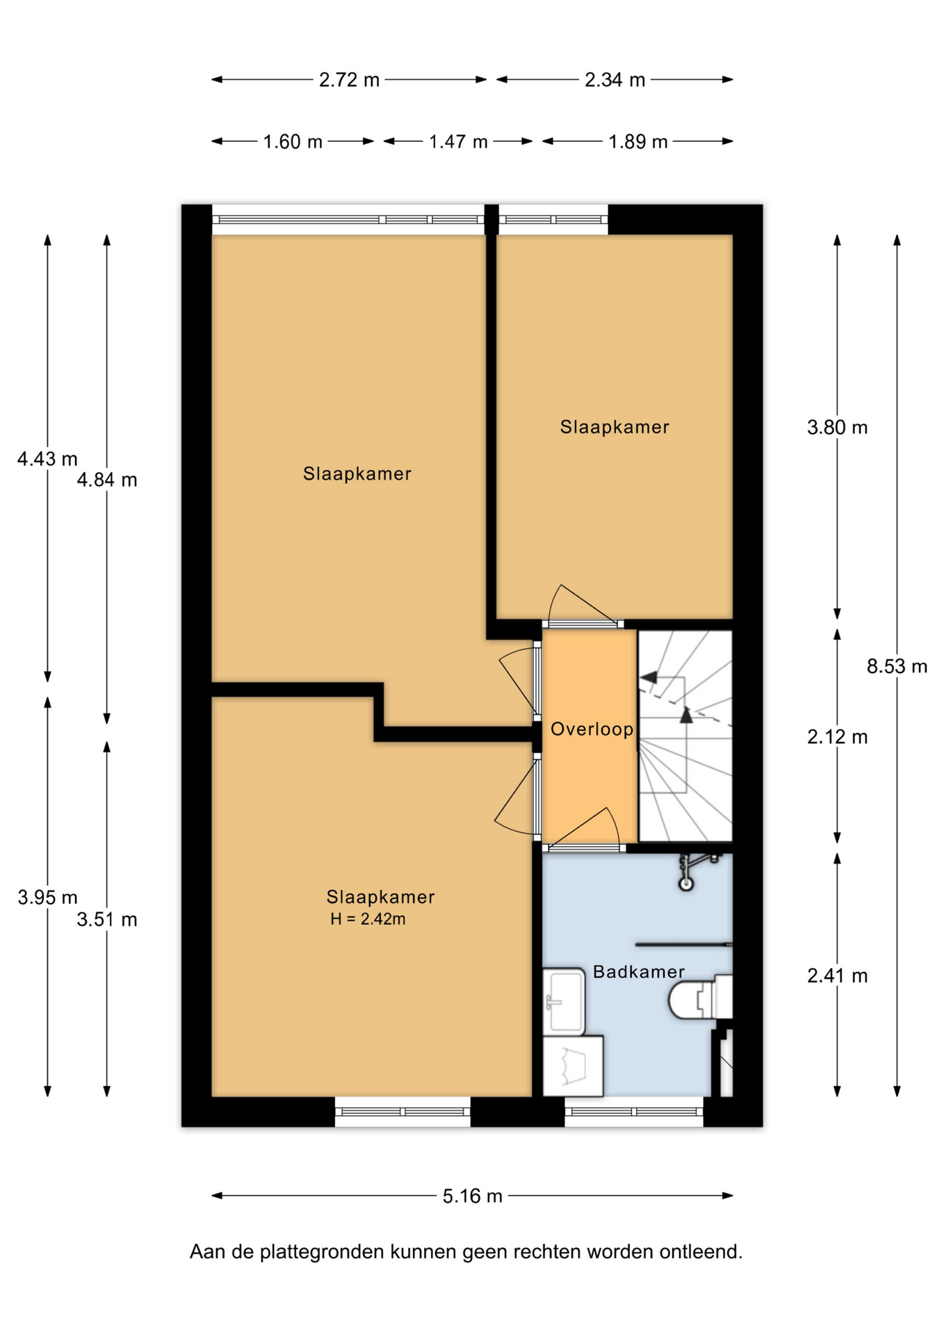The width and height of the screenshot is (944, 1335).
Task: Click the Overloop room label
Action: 592,729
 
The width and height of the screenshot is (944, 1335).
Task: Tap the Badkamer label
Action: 638,971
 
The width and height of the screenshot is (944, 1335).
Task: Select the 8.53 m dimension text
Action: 897,666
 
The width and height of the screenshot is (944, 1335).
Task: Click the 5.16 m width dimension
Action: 472,1196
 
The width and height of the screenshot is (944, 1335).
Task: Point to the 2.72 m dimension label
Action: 349,80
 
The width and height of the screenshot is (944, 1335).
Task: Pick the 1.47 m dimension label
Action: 458,142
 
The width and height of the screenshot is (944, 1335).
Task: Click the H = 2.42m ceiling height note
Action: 368,919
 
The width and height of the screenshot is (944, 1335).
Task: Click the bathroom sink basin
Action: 564,1001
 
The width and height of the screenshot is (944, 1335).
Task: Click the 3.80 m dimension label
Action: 837,427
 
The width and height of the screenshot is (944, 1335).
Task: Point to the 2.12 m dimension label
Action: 837,736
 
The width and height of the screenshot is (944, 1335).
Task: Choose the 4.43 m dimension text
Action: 47,459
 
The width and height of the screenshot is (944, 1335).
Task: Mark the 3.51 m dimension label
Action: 107,919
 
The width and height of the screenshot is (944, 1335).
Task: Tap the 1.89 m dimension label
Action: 638,142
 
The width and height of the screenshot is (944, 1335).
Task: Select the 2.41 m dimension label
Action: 837,976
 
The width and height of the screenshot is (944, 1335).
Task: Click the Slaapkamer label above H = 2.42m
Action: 380,897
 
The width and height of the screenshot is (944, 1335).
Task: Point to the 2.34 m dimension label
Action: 615,80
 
